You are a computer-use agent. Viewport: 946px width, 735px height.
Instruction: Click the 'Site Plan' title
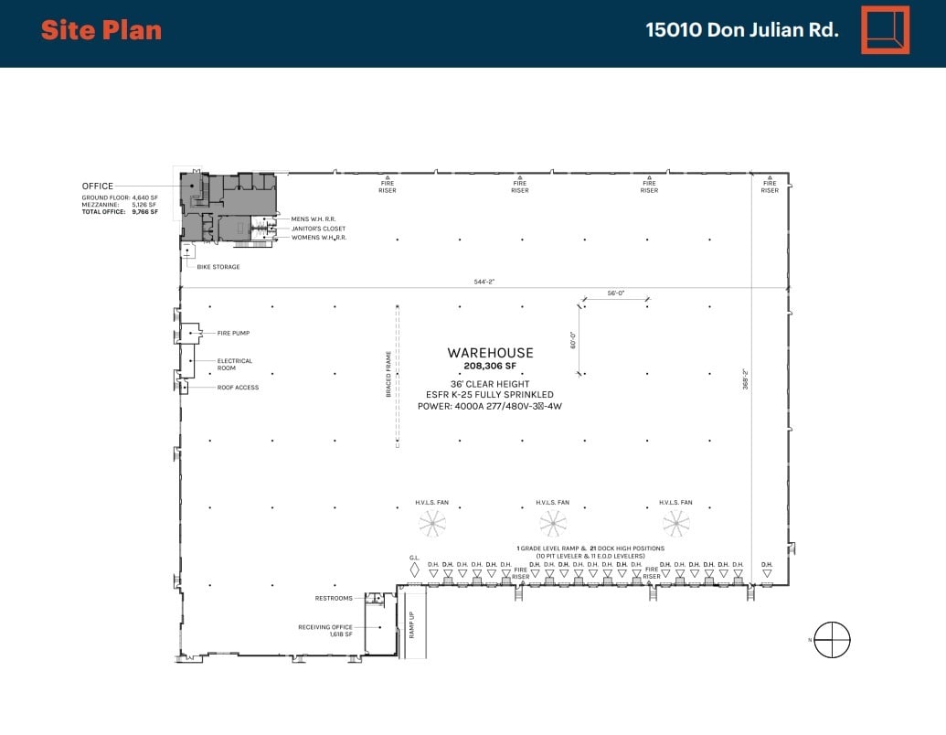101,30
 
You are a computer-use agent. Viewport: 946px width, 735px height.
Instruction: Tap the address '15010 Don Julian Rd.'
741,30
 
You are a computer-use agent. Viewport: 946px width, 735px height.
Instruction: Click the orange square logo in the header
885,30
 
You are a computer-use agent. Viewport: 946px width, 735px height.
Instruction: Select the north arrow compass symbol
832,639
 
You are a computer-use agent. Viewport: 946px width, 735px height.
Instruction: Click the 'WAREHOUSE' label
490,353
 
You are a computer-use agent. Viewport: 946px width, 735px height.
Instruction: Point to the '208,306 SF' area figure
490,366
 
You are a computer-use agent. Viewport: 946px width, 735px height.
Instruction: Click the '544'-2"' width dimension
484,282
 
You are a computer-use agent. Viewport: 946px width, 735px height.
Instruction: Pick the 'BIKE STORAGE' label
218,267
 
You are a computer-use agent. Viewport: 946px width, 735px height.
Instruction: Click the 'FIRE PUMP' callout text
233,334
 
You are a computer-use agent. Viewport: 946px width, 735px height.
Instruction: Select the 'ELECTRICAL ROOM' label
234,364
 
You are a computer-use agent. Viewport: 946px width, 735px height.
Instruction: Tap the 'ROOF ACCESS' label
238,388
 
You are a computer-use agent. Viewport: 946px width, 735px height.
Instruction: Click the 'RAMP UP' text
412,623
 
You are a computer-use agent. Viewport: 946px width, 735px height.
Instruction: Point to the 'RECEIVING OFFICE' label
326,627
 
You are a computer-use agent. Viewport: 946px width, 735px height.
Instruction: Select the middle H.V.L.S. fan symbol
552,524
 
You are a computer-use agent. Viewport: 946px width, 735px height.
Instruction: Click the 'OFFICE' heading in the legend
98,186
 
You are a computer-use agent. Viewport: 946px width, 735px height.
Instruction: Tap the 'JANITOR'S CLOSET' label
318,229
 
